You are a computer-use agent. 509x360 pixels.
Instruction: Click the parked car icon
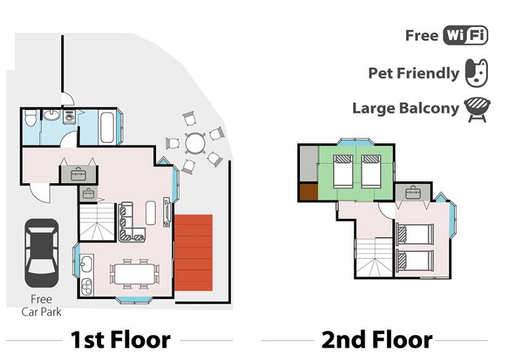[41, 253]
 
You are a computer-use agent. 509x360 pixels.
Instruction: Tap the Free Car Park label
[41, 306]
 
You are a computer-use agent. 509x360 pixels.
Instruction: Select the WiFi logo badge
[465, 35]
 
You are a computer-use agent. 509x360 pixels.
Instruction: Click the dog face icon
[476, 73]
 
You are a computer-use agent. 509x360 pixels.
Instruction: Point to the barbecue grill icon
[477, 110]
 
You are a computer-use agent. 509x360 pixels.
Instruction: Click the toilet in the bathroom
[31, 118]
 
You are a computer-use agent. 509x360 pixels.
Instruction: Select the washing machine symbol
[69, 117]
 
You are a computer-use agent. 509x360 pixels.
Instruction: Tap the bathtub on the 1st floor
[107, 127]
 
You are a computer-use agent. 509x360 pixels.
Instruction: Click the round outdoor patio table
[195, 143]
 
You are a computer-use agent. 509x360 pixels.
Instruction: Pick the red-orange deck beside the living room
[193, 253]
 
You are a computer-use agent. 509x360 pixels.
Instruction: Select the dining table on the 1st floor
[134, 274]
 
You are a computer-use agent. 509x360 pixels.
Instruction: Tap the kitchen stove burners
[86, 287]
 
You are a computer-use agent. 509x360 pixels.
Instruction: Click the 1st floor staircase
[97, 221]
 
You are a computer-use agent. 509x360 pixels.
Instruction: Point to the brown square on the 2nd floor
[308, 192]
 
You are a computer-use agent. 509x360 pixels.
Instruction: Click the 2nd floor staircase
[375, 257]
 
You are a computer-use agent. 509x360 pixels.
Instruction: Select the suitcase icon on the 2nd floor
[413, 193]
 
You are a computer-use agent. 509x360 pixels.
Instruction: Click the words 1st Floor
[120, 340]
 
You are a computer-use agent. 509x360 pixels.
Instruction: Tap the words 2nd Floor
[377, 340]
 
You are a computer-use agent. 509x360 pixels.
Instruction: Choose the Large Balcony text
[406, 109]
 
